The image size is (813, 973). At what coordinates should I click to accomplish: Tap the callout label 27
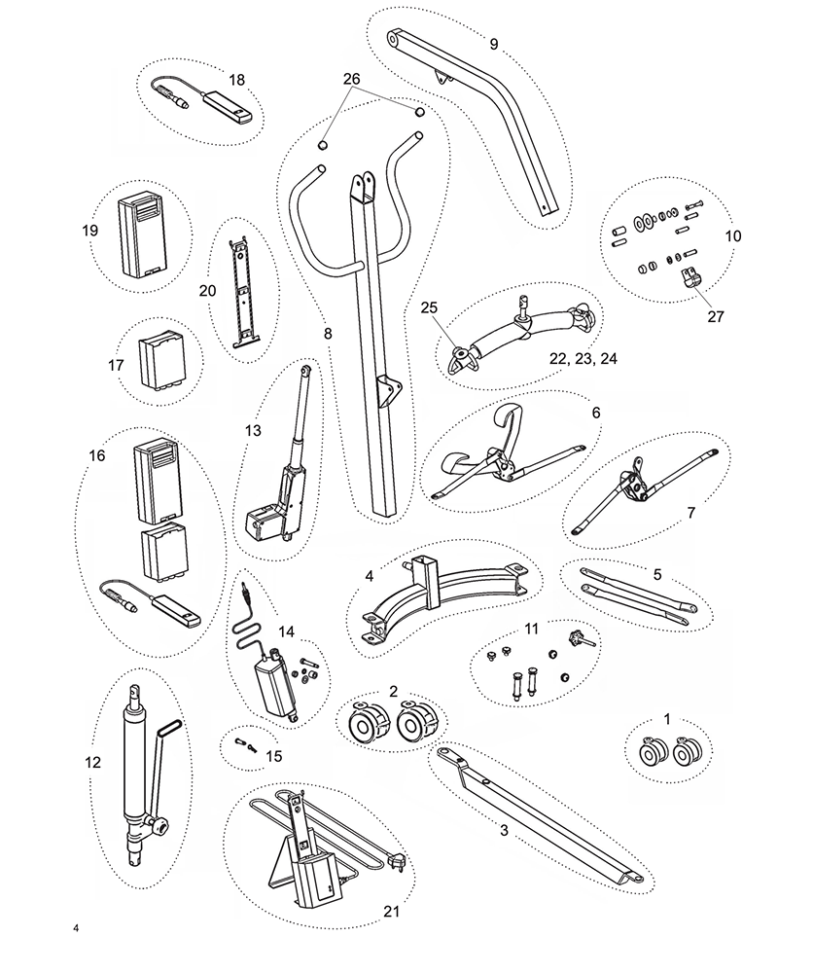(x=717, y=316)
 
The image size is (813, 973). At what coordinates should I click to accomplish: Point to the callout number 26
(x=350, y=78)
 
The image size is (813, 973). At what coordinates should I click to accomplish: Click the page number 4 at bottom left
(x=75, y=927)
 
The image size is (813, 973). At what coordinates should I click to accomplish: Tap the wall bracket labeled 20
(x=240, y=288)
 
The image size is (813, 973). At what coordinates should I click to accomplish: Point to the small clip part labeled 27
(x=690, y=279)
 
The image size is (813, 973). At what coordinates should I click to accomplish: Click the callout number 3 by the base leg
(x=504, y=830)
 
